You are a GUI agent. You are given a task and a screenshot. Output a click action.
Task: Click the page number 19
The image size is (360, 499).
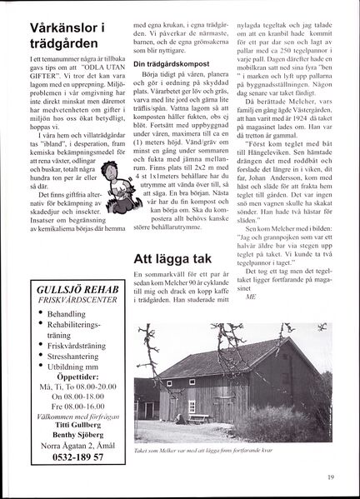330,477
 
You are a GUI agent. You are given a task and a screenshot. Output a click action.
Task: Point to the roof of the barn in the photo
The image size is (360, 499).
217,358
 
